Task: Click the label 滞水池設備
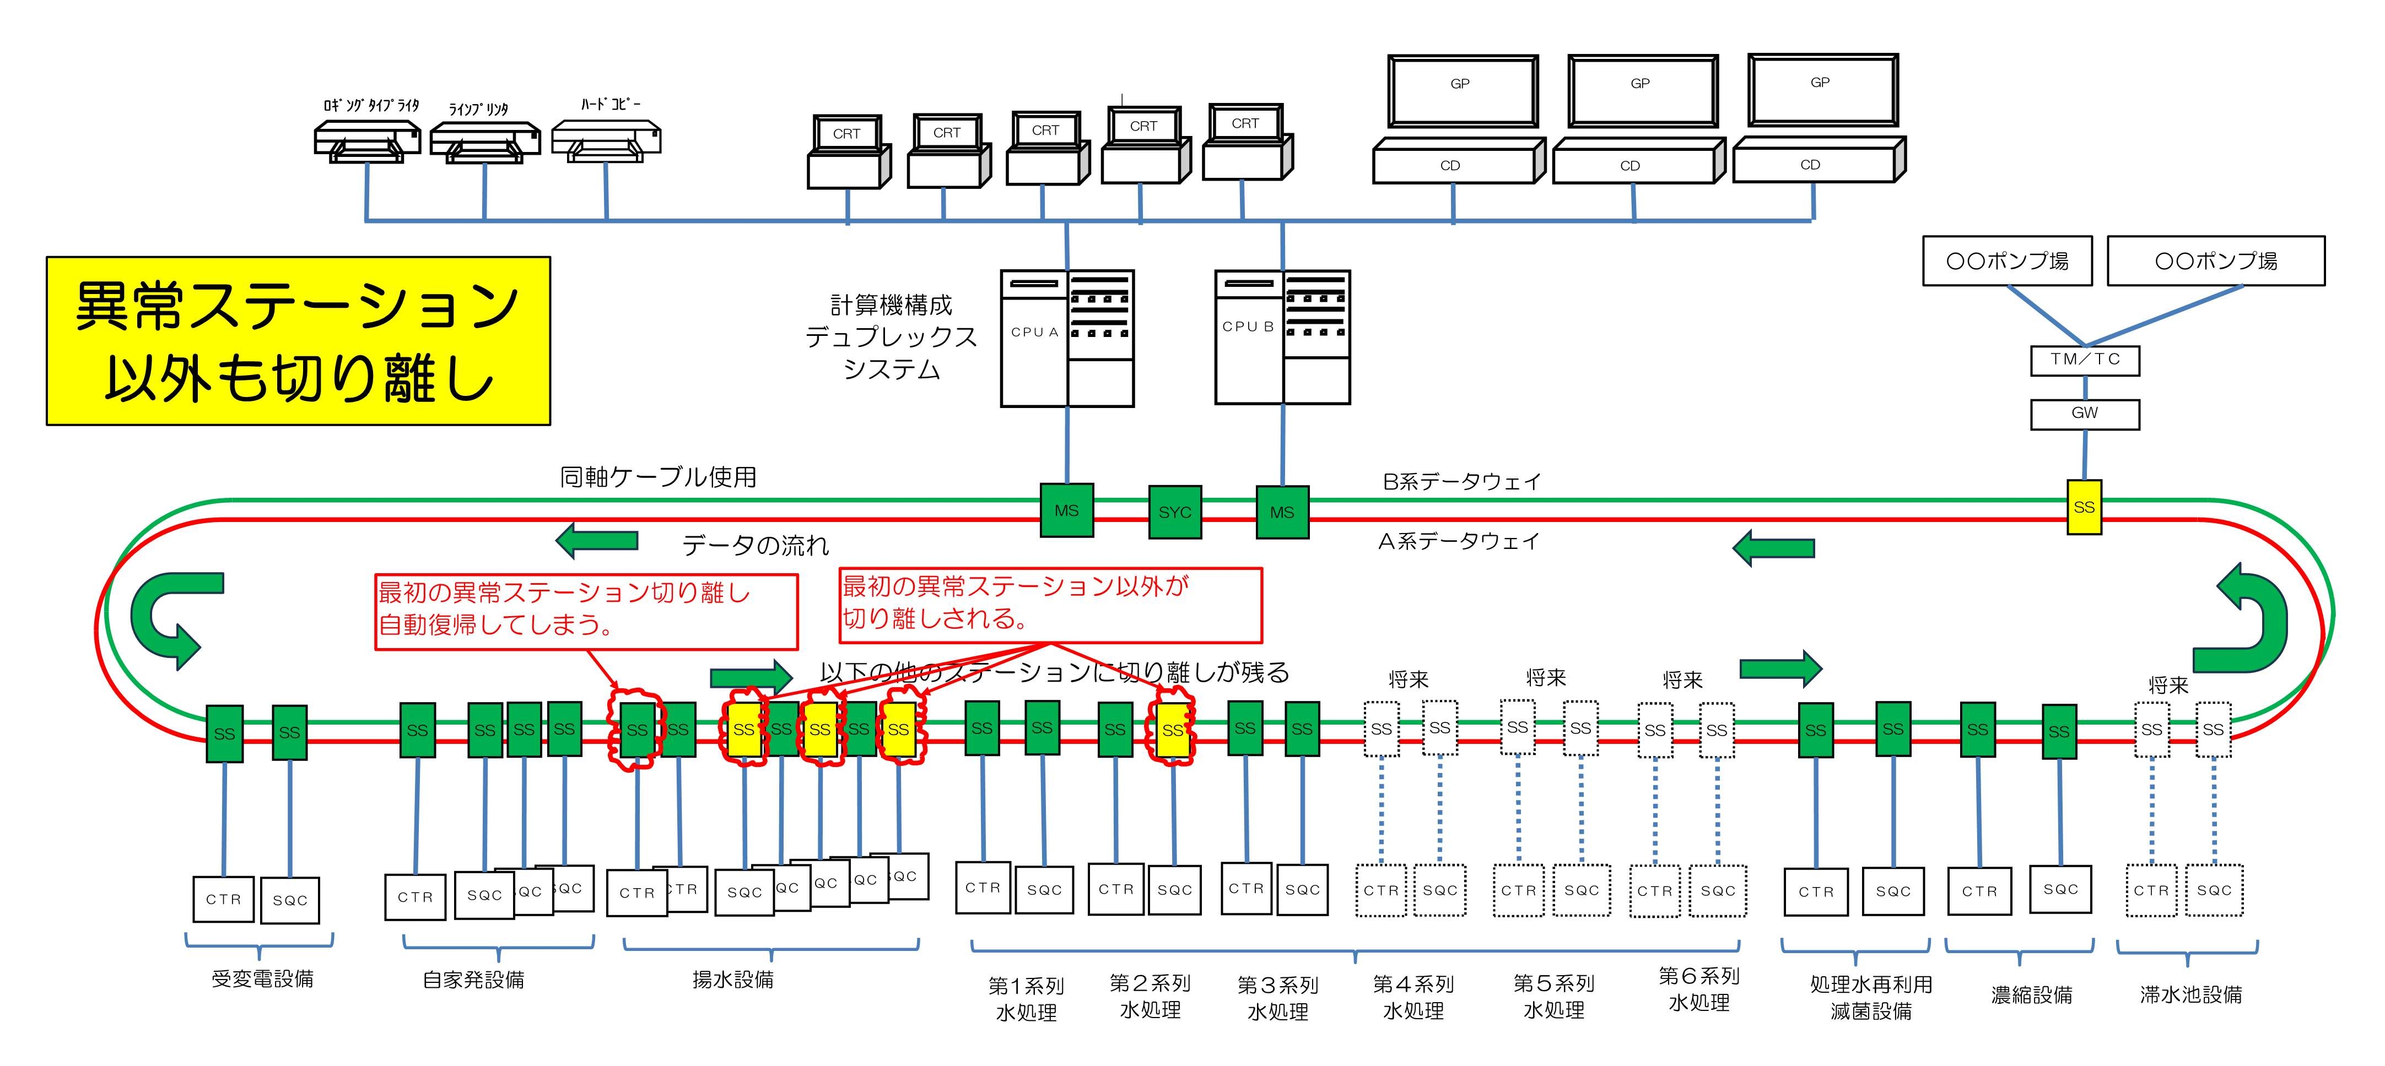[x=2190, y=995]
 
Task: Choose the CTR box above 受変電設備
[x=223, y=899]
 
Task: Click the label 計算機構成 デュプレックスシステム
[x=891, y=337]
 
